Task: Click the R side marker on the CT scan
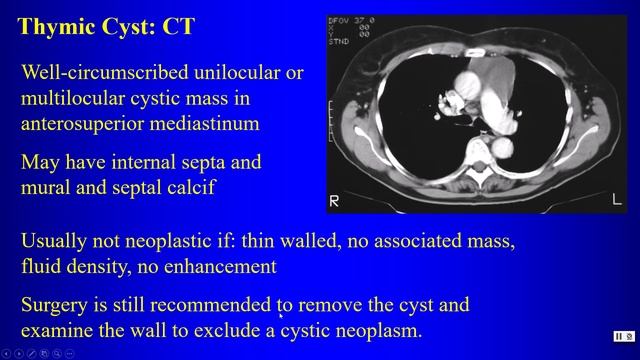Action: click(x=335, y=201)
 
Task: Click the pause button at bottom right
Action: click(x=621, y=337)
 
